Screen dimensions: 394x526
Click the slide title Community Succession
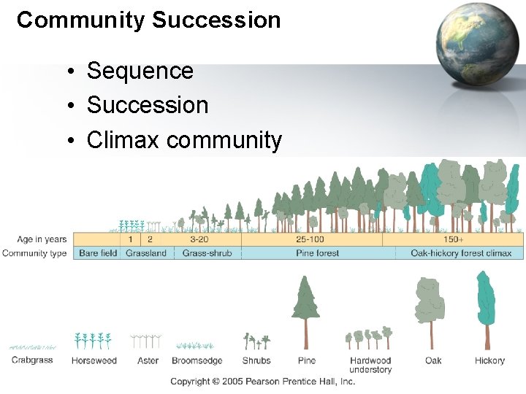pos(149,20)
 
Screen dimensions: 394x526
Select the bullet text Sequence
pos(140,71)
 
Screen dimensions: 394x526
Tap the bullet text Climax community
pos(183,139)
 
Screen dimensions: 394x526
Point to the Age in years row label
pos(42,239)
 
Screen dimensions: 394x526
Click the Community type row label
pos(35,253)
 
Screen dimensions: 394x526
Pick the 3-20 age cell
pos(199,239)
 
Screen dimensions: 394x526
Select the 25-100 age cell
pos(310,239)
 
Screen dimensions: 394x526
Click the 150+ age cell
pos(453,239)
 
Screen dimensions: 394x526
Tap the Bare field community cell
pos(98,253)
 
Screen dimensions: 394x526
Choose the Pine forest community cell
pos(318,253)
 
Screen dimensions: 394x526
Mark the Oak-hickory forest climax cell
pos(461,253)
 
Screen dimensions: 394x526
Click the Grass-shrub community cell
pos(207,253)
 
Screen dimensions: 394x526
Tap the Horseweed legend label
pos(94,360)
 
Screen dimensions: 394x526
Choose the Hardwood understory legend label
pos(370,365)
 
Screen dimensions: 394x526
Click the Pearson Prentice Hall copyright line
pos(262,382)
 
